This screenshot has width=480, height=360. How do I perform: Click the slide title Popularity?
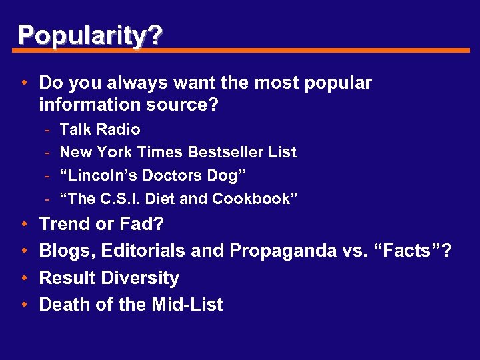click(89, 35)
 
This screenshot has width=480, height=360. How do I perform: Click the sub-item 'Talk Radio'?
click(100, 129)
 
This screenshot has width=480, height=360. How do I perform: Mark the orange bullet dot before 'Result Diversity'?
click(23, 278)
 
